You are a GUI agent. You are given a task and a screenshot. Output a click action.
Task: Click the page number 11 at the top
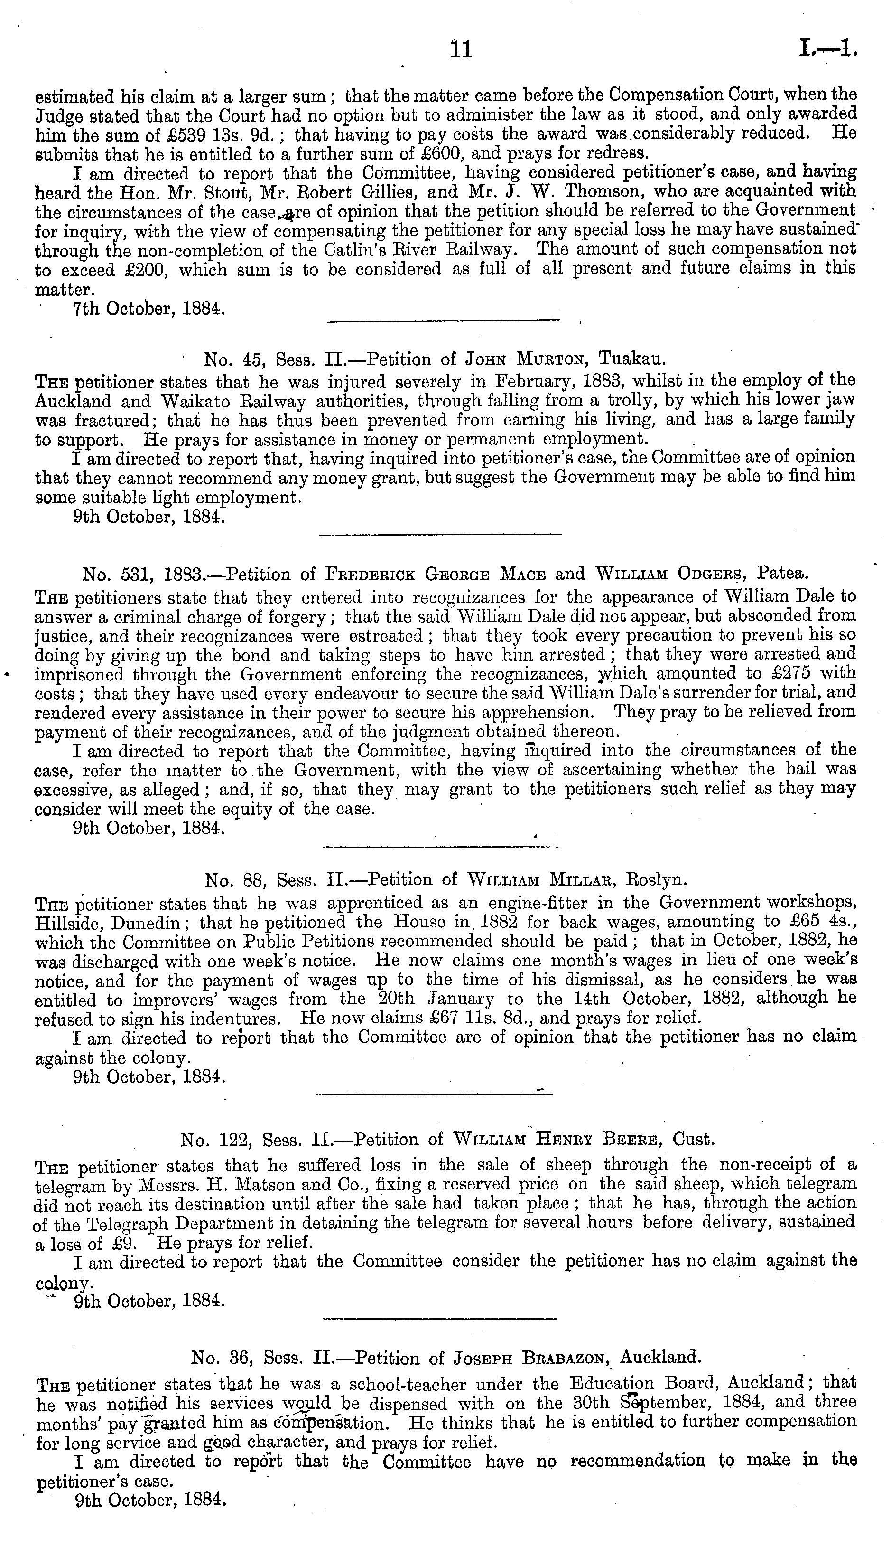460,48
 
